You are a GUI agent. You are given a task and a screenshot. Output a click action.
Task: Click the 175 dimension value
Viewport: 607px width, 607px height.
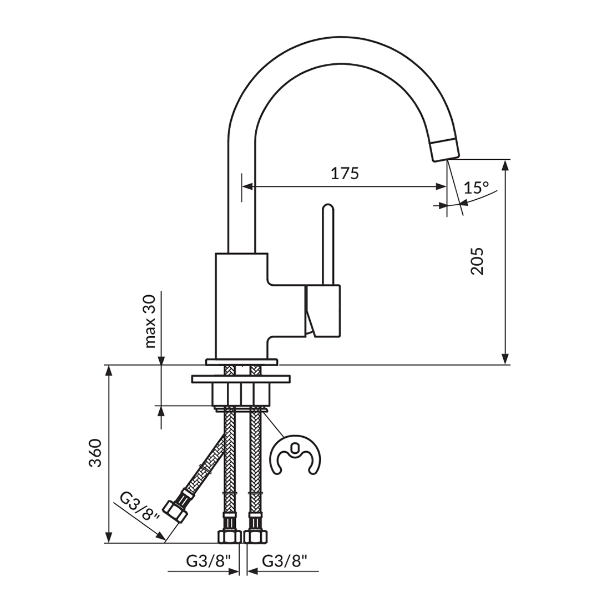[x=345, y=174]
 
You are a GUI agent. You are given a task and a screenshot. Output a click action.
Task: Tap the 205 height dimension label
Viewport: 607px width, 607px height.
[x=477, y=261]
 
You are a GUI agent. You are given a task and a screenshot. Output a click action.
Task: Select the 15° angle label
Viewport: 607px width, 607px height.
[x=476, y=188]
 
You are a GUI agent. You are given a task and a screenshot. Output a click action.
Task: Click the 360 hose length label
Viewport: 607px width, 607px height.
[x=96, y=452]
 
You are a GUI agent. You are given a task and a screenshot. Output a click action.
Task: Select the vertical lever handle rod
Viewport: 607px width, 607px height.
[x=328, y=244]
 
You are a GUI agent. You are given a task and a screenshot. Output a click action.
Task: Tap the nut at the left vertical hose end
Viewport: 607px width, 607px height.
[x=229, y=535]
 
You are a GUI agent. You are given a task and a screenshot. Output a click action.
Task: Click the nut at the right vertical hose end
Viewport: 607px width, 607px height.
[x=256, y=535]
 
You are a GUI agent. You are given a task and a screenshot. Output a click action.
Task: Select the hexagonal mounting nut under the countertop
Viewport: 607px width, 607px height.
[x=241, y=394]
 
